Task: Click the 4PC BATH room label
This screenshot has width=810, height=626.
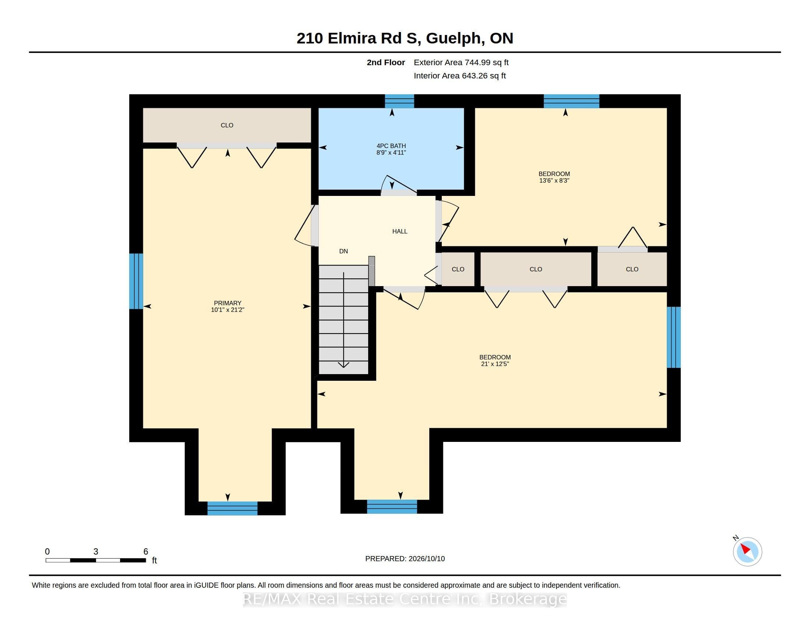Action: coord(391,146)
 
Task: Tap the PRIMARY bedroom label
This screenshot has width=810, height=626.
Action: coord(227,303)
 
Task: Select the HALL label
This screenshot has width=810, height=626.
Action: coord(400,231)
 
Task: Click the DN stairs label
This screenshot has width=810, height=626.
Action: coord(344,251)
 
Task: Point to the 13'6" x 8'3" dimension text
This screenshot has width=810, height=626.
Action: coord(554,180)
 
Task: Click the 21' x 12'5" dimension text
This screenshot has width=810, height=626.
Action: coord(495,364)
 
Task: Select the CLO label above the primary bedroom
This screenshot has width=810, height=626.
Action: coord(227,125)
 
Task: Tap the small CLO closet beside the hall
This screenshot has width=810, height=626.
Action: coord(458,269)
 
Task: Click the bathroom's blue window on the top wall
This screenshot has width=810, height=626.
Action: coord(399,101)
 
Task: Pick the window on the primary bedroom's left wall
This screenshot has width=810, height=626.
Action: coord(136,281)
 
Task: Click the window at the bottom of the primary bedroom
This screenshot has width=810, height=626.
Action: coord(232,508)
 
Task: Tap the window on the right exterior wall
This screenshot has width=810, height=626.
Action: coord(673,337)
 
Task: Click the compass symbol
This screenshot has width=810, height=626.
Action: coord(747,552)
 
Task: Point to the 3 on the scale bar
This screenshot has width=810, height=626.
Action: coord(96,552)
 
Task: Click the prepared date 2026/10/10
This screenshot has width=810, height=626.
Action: coord(426,559)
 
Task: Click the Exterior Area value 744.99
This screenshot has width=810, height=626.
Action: coord(477,62)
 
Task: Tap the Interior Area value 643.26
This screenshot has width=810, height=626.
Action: coord(473,75)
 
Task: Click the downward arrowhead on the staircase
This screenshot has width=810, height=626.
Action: coord(344,365)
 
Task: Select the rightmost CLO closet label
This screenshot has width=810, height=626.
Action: coord(632,269)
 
